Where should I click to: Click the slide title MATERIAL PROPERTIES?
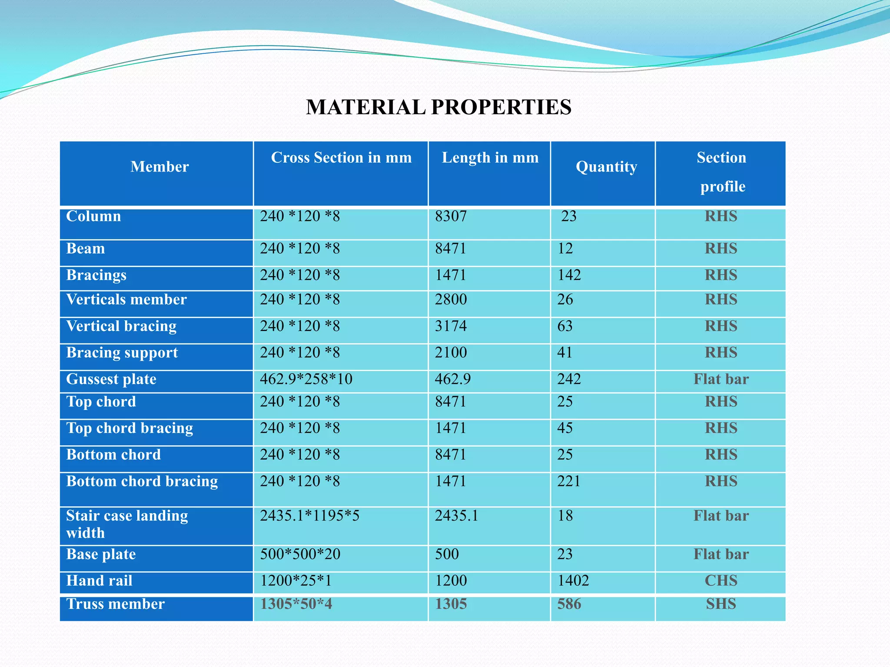(x=438, y=107)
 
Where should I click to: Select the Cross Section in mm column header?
(x=341, y=158)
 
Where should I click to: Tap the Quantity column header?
(x=606, y=167)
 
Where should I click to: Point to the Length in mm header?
(x=490, y=158)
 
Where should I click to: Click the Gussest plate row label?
(x=111, y=380)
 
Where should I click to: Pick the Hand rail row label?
(x=99, y=581)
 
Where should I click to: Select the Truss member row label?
(x=115, y=604)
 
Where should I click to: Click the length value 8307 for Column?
(x=451, y=216)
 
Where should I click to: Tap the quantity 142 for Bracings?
(x=569, y=275)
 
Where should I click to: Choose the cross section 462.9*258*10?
(x=306, y=380)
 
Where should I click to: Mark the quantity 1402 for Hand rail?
(x=573, y=581)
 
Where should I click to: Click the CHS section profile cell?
(x=721, y=581)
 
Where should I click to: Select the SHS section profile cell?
(x=721, y=604)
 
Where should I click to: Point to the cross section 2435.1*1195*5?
(x=309, y=516)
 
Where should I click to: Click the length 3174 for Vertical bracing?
(x=451, y=326)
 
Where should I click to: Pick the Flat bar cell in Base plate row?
(x=721, y=555)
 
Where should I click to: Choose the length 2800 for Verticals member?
(x=451, y=300)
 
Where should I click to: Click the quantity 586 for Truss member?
(x=569, y=604)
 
